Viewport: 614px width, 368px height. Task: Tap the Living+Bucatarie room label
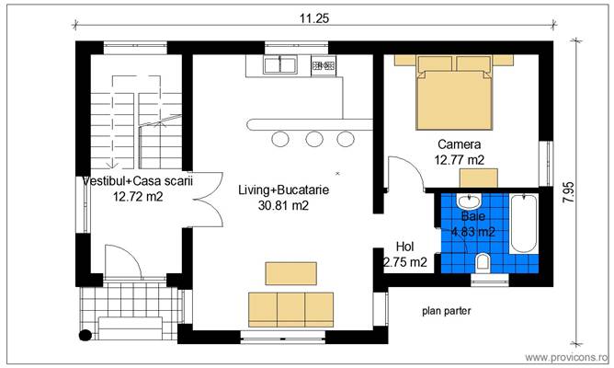283,190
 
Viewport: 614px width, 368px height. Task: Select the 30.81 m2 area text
283,205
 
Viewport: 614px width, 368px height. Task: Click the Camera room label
459,144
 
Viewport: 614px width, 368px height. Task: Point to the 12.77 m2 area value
459,159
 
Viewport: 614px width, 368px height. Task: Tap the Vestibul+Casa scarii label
137,181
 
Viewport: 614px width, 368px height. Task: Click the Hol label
404,247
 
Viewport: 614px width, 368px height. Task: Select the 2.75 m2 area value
405,262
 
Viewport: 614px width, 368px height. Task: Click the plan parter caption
447,311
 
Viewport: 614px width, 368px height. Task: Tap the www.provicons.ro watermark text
565,356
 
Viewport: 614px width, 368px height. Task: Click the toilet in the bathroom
482,264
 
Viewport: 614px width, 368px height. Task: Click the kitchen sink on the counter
279,65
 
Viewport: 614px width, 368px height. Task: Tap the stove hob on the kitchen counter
323,65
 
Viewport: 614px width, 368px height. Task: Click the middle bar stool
314,139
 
